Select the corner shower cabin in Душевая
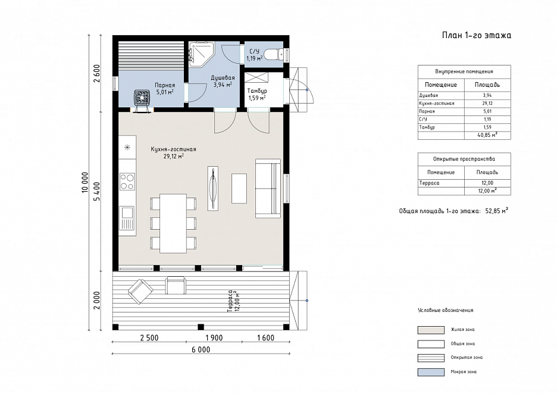201,54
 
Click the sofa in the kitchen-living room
268,188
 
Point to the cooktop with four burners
127,181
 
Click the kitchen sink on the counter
127,218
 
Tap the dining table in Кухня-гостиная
173,223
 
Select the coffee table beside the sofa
239,188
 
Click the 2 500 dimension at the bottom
149,338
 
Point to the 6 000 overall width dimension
201,350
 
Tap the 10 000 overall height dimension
85,183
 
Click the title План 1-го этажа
477,35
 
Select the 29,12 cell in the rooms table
487,104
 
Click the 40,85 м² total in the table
487,135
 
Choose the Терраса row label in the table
429,183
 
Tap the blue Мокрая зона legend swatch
431,372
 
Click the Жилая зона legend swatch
431,330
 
